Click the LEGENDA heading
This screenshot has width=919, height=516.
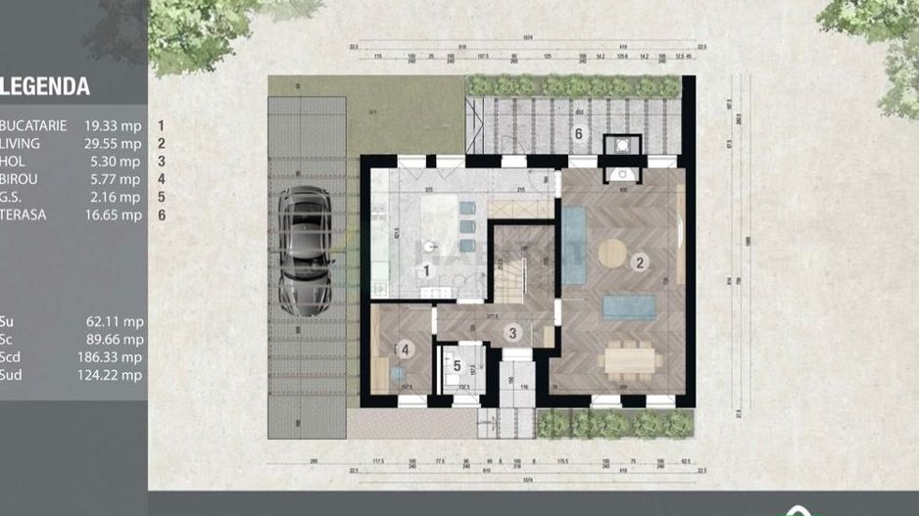tap(46, 87)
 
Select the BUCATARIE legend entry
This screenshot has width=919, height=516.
tap(34, 125)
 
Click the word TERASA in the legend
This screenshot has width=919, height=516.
tap(25, 214)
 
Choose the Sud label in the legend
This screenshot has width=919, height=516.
tap(12, 375)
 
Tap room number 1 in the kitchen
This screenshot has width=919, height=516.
tap(426, 270)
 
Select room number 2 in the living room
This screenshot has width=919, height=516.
tap(639, 261)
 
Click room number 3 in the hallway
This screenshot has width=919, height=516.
tap(510, 333)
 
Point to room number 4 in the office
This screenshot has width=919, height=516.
tap(404, 349)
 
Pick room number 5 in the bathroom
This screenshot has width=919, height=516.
tap(457, 365)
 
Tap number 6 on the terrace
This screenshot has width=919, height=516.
tap(578, 133)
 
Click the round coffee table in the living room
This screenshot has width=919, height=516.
tap(613, 253)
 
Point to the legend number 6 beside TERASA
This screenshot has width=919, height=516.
tap(160, 214)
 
